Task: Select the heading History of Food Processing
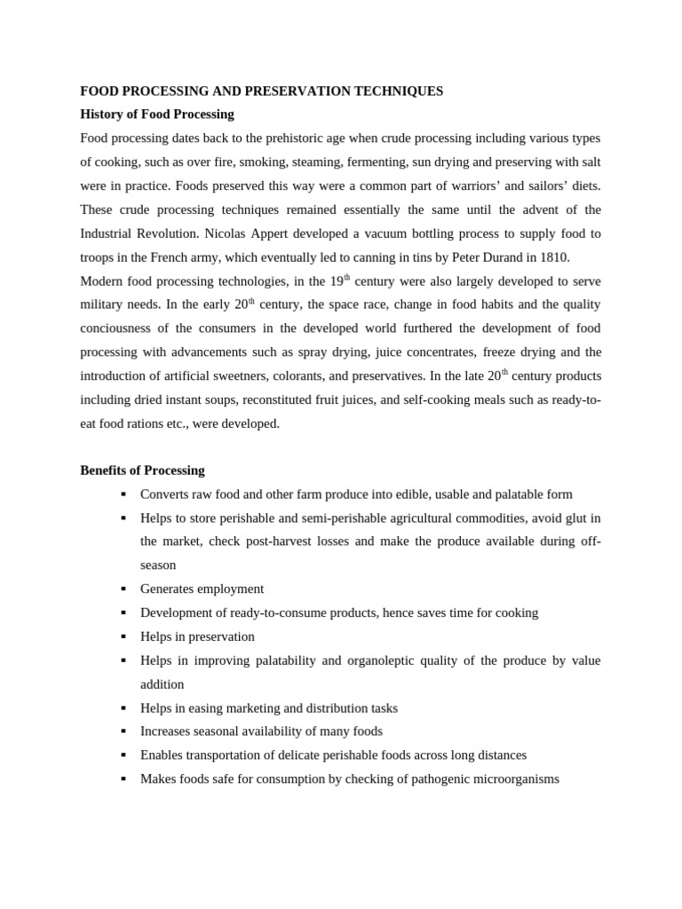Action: (x=157, y=114)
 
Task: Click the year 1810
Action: (x=553, y=257)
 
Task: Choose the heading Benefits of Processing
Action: (x=142, y=470)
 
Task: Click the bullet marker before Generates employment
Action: (x=123, y=589)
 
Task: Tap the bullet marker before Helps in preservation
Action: (x=123, y=636)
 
